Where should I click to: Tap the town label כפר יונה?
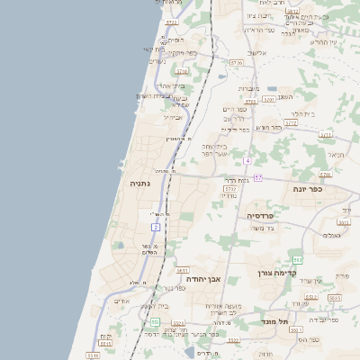click(307, 189)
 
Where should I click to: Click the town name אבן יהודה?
click(203, 279)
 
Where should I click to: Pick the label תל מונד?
click(273, 320)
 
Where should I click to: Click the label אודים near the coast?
click(122, 301)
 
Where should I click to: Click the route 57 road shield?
click(257, 177)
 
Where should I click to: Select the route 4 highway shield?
click(246, 160)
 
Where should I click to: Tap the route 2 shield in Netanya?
click(156, 227)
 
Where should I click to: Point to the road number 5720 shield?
click(237, 63)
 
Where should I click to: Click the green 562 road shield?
click(298, 259)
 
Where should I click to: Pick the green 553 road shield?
click(155, 321)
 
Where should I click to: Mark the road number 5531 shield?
click(178, 323)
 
